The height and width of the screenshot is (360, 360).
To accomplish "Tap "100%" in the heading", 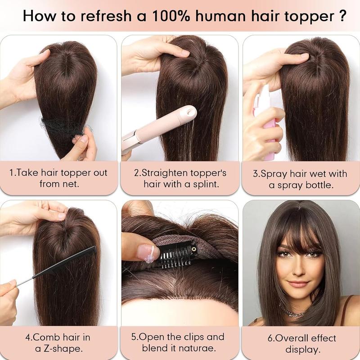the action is pos(171,16).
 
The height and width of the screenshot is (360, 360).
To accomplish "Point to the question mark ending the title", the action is pos(342,16).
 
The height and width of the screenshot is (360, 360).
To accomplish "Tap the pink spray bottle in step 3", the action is pos(267,121).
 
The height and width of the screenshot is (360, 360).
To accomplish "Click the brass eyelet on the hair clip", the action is pos(193,249).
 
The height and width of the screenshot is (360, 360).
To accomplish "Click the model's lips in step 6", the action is pos(298,284).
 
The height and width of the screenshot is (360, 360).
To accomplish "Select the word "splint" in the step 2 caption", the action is pos(206,184).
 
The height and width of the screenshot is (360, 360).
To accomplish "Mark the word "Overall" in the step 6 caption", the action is pos(288,338).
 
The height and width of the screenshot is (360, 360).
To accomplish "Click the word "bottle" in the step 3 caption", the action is pos(319,185).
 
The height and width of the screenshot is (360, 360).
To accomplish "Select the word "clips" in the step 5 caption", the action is pos(194,337).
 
